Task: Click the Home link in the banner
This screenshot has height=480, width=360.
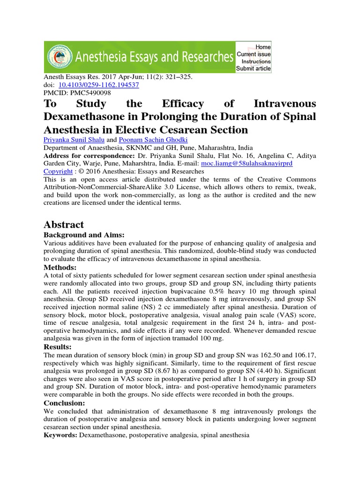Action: tap(263, 47)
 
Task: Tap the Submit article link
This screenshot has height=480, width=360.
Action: tap(254, 68)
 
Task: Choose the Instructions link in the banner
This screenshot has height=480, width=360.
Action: tap(256, 61)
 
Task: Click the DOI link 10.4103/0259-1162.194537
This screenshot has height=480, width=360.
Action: tap(98, 85)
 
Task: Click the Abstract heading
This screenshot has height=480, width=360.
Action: tap(63, 225)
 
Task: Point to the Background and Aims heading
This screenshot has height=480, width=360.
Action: tap(85, 235)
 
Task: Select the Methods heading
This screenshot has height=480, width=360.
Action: tap(60, 267)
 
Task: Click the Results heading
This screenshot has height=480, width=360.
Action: tap(57, 346)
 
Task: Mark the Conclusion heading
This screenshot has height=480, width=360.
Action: tap(64, 403)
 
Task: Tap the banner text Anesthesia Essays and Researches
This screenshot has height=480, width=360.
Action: tap(155, 57)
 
